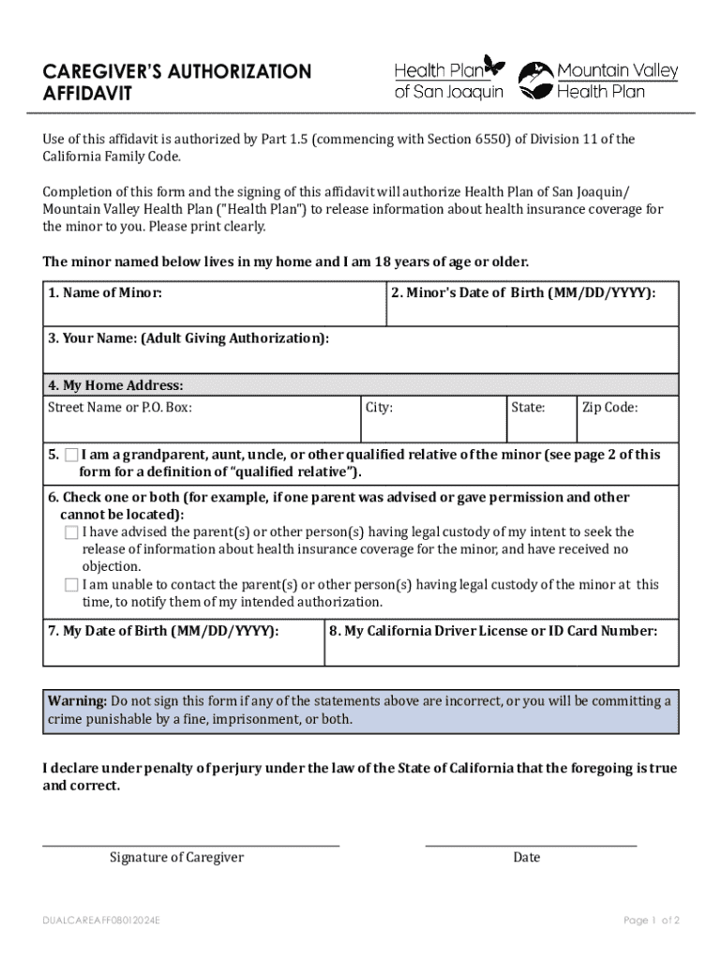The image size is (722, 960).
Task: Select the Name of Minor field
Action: coord(214,309)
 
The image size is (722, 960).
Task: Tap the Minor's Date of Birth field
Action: coord(532,309)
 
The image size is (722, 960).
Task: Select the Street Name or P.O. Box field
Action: coord(202,425)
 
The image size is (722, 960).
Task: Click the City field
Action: coord(432,425)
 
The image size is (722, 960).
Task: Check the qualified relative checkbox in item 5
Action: coord(72,456)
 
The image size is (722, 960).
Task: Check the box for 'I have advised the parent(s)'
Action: coord(72,532)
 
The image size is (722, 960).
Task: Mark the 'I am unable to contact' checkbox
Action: coord(72,585)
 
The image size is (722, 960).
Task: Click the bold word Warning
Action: coord(77,701)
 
